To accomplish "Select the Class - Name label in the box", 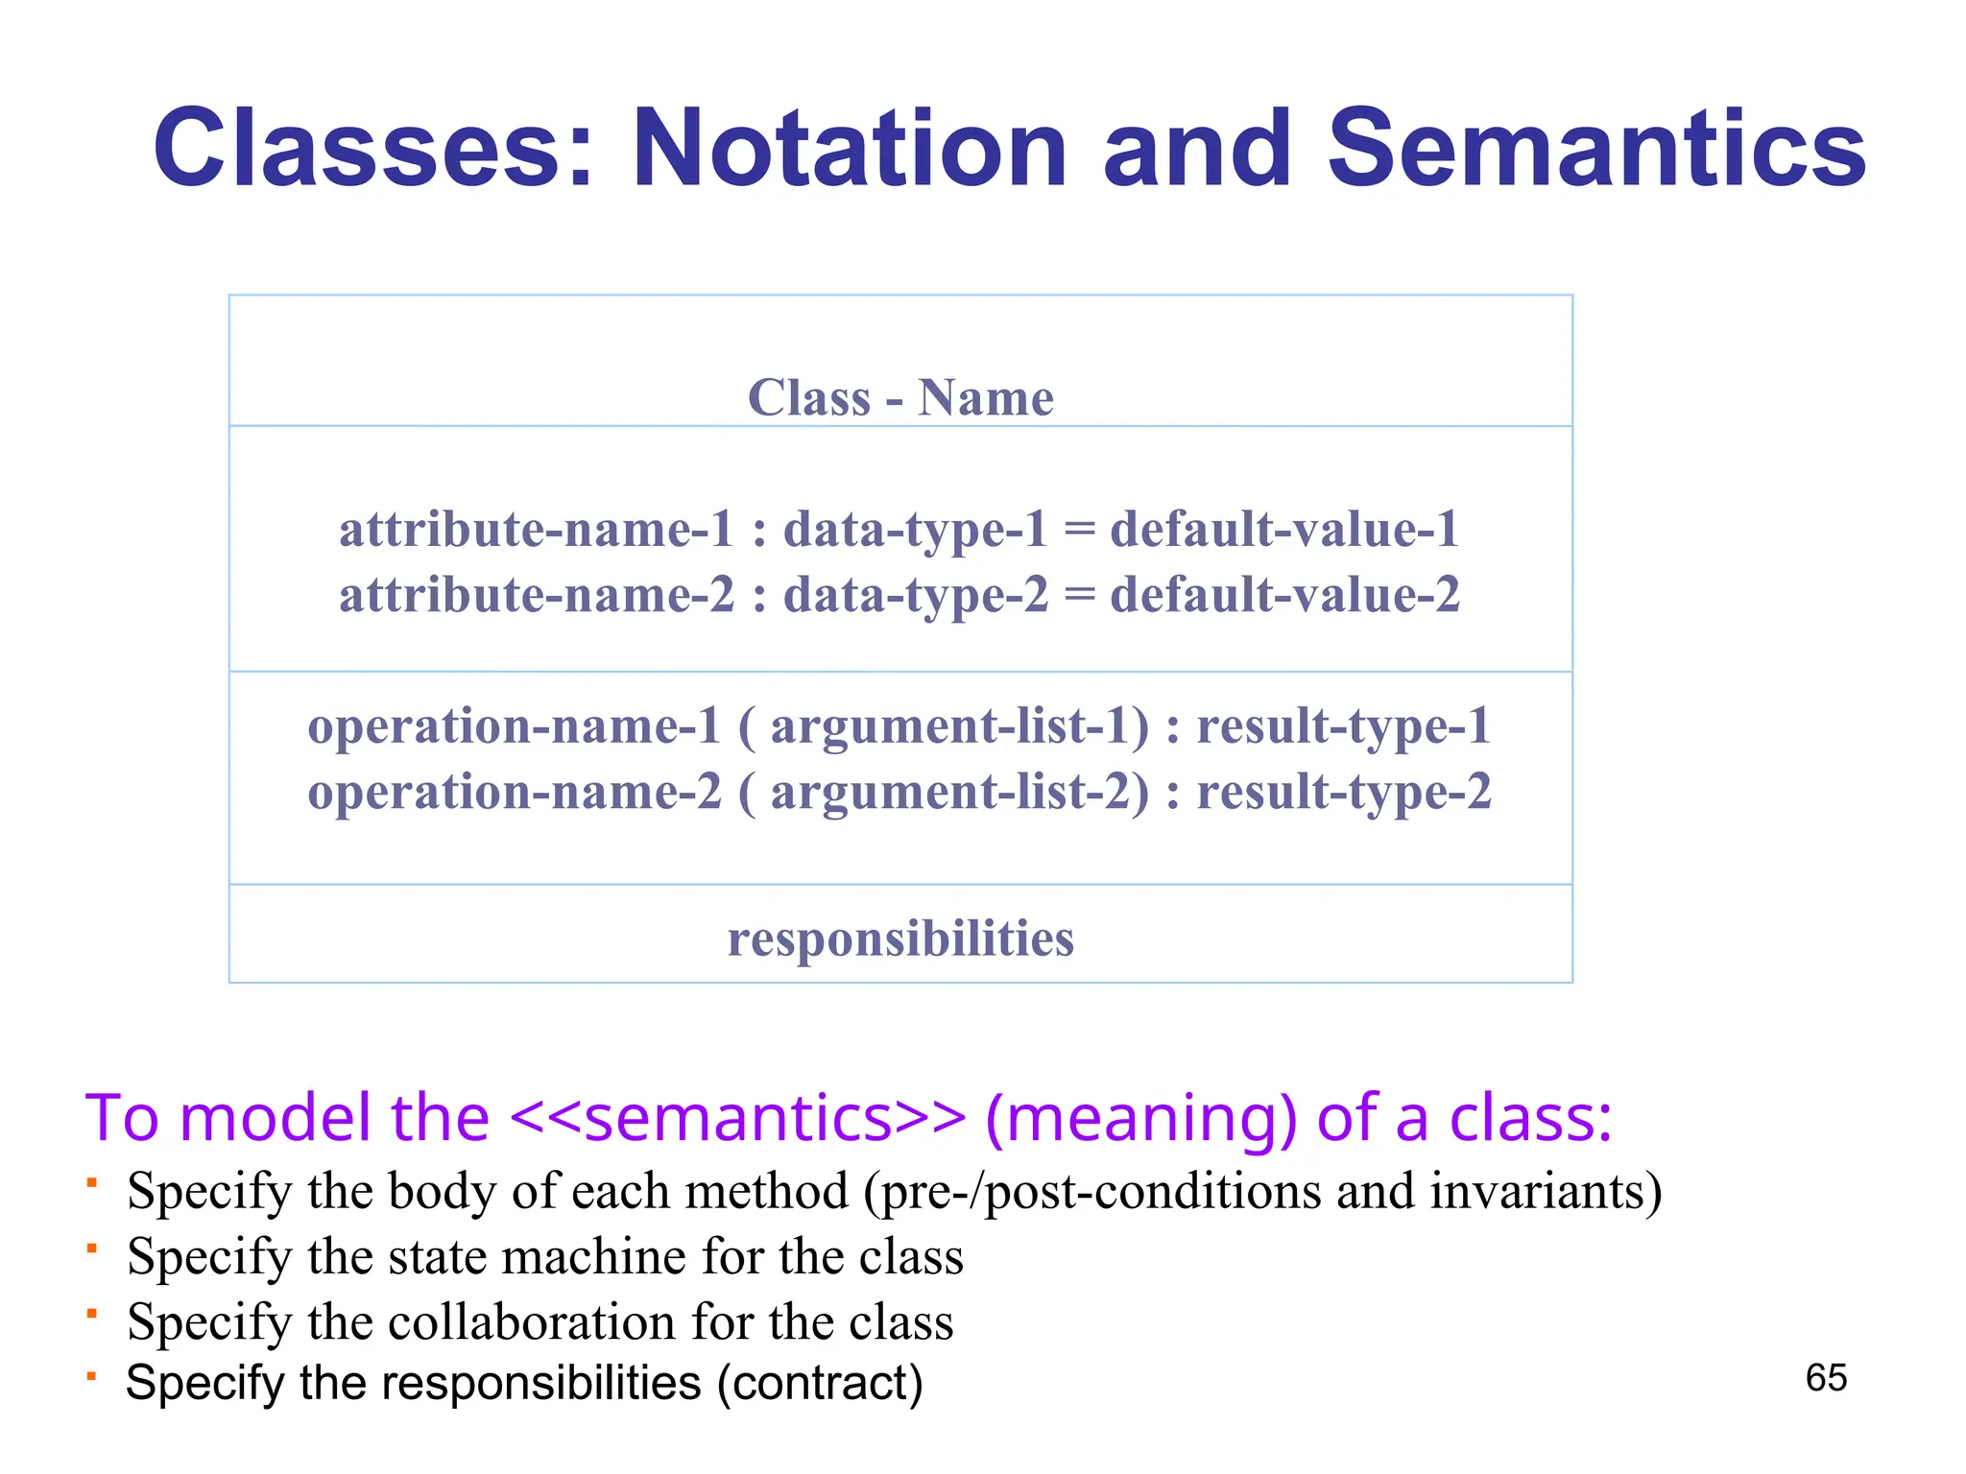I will (x=900, y=397).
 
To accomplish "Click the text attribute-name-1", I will (x=536, y=530).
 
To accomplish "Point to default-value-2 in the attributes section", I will (x=1284, y=595).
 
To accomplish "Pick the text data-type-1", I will (x=915, y=530).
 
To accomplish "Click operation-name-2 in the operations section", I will (x=514, y=793).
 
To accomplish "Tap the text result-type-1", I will (x=1343, y=726).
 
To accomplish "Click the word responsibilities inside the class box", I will (x=900, y=939).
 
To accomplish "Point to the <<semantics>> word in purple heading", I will (x=737, y=1118).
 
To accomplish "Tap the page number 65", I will (x=1825, y=1378).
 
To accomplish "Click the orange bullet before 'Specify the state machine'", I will (x=91, y=1248).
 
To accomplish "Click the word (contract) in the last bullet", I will (x=820, y=1384).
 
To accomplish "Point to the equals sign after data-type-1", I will (x=1079, y=531).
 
